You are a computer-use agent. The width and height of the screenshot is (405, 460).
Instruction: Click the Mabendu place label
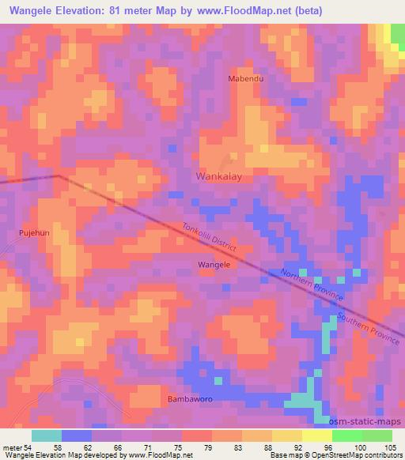[x=245, y=80]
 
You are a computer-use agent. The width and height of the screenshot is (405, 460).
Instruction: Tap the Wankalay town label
[x=218, y=177]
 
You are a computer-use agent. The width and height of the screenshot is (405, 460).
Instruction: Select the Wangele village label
[x=214, y=265]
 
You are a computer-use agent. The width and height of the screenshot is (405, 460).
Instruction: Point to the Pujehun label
[x=34, y=234]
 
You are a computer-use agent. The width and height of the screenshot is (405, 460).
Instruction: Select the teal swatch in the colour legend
[x=47, y=435]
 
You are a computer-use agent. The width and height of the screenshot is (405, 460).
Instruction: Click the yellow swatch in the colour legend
[x=316, y=435]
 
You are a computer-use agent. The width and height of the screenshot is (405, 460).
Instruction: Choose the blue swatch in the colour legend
[x=77, y=435]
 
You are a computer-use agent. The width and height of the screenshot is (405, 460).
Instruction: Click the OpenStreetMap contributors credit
[x=366, y=455]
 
